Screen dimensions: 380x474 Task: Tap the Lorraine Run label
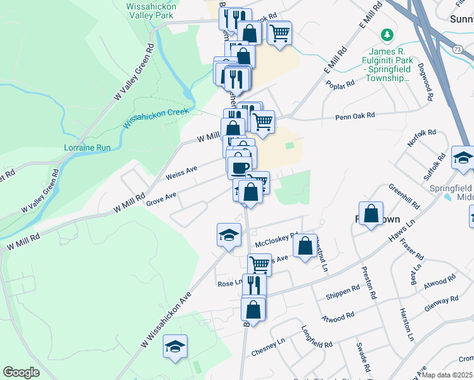(87, 148)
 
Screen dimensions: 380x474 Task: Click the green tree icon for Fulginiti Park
(384, 34)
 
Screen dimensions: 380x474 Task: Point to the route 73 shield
(457, 48)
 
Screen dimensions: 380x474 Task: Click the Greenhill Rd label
(404, 196)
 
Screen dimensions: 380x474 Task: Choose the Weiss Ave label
(181, 172)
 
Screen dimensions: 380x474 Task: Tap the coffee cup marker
(239, 168)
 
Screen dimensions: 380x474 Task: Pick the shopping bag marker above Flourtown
(371, 213)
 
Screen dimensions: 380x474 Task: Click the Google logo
(21, 372)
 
